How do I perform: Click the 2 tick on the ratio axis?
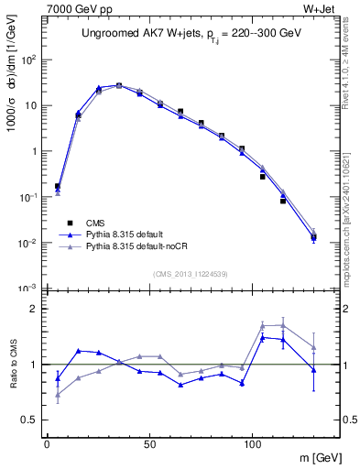(33, 309)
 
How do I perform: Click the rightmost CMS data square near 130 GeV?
(313, 238)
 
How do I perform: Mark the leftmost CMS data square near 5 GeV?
(58, 186)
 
